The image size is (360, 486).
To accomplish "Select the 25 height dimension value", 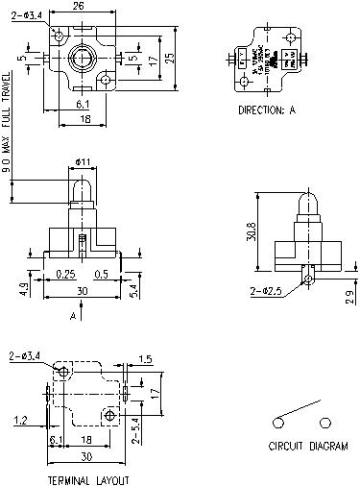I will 169,57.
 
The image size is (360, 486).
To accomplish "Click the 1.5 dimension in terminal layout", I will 145,358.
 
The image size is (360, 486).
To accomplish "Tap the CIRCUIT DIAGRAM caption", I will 307,447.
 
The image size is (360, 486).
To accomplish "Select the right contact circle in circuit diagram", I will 326,421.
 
